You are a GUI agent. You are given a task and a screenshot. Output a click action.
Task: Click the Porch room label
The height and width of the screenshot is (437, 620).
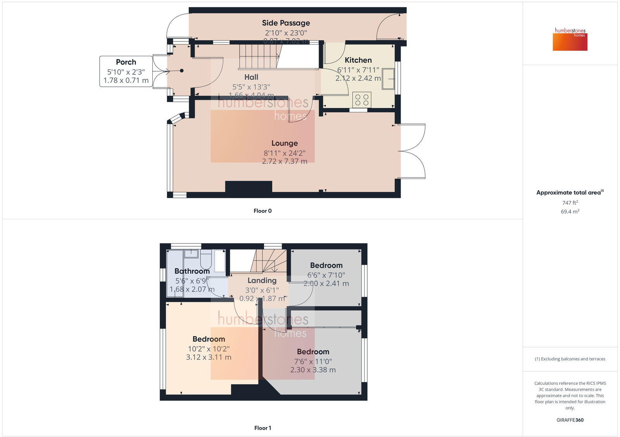click(126, 62)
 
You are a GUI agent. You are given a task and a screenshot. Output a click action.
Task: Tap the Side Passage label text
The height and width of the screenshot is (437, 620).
click(286, 23)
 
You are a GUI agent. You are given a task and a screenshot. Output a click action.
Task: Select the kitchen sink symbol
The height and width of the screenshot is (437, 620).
click(388, 79)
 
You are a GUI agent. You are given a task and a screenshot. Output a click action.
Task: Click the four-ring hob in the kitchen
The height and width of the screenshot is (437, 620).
click(362, 100)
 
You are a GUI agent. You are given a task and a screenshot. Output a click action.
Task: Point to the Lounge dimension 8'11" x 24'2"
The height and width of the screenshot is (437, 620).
click(284, 153)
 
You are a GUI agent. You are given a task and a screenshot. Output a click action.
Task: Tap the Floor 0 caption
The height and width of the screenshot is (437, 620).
click(262, 211)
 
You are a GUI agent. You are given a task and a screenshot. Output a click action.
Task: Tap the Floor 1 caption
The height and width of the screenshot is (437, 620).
click(262, 428)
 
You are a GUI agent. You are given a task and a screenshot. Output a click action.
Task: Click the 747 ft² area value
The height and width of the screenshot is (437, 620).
click(570, 203)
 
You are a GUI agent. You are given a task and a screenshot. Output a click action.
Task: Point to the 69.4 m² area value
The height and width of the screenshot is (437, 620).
click(570, 212)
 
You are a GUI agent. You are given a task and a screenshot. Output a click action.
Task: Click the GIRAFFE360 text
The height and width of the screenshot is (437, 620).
click(570, 420)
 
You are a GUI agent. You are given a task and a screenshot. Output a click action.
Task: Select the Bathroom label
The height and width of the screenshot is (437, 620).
click(192, 271)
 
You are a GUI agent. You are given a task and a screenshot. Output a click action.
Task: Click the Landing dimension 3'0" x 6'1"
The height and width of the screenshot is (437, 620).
click(262, 290)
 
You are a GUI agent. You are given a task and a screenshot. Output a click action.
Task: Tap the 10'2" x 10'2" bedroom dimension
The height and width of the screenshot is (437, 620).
click(208, 349)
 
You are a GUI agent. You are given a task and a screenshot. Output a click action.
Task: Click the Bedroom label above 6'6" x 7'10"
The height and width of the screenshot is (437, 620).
click(326, 265)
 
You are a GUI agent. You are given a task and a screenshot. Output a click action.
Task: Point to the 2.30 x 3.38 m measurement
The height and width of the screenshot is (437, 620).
click(313, 370)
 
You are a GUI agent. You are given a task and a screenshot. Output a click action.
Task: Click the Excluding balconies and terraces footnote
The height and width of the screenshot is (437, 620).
click(570, 359)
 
